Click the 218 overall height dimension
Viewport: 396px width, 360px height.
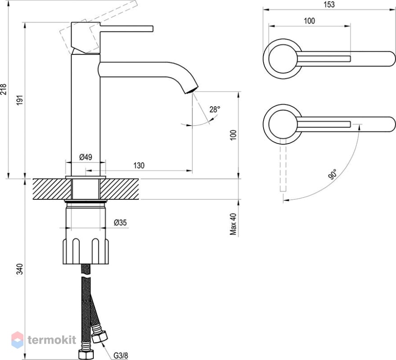[4, 89]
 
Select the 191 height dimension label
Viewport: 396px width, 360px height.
[20, 100]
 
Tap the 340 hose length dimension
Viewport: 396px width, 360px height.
[20, 269]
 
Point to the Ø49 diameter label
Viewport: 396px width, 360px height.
[86, 157]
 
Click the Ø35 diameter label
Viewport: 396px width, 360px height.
[120, 222]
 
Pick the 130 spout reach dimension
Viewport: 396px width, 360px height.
[139, 166]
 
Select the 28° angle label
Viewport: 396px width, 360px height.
[214, 109]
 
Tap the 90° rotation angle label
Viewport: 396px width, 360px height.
[333, 174]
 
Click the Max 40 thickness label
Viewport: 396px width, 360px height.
[233, 224]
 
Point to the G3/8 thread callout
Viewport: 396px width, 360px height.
[121, 355]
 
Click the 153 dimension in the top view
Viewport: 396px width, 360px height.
[329, 4]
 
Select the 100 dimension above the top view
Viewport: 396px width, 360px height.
[310, 21]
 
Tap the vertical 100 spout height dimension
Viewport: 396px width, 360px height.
[233, 135]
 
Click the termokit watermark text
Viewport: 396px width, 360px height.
[52, 340]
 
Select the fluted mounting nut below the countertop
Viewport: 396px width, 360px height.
[86, 251]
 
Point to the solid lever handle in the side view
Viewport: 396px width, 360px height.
[126, 28]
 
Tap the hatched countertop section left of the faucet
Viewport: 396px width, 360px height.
[52, 189]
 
